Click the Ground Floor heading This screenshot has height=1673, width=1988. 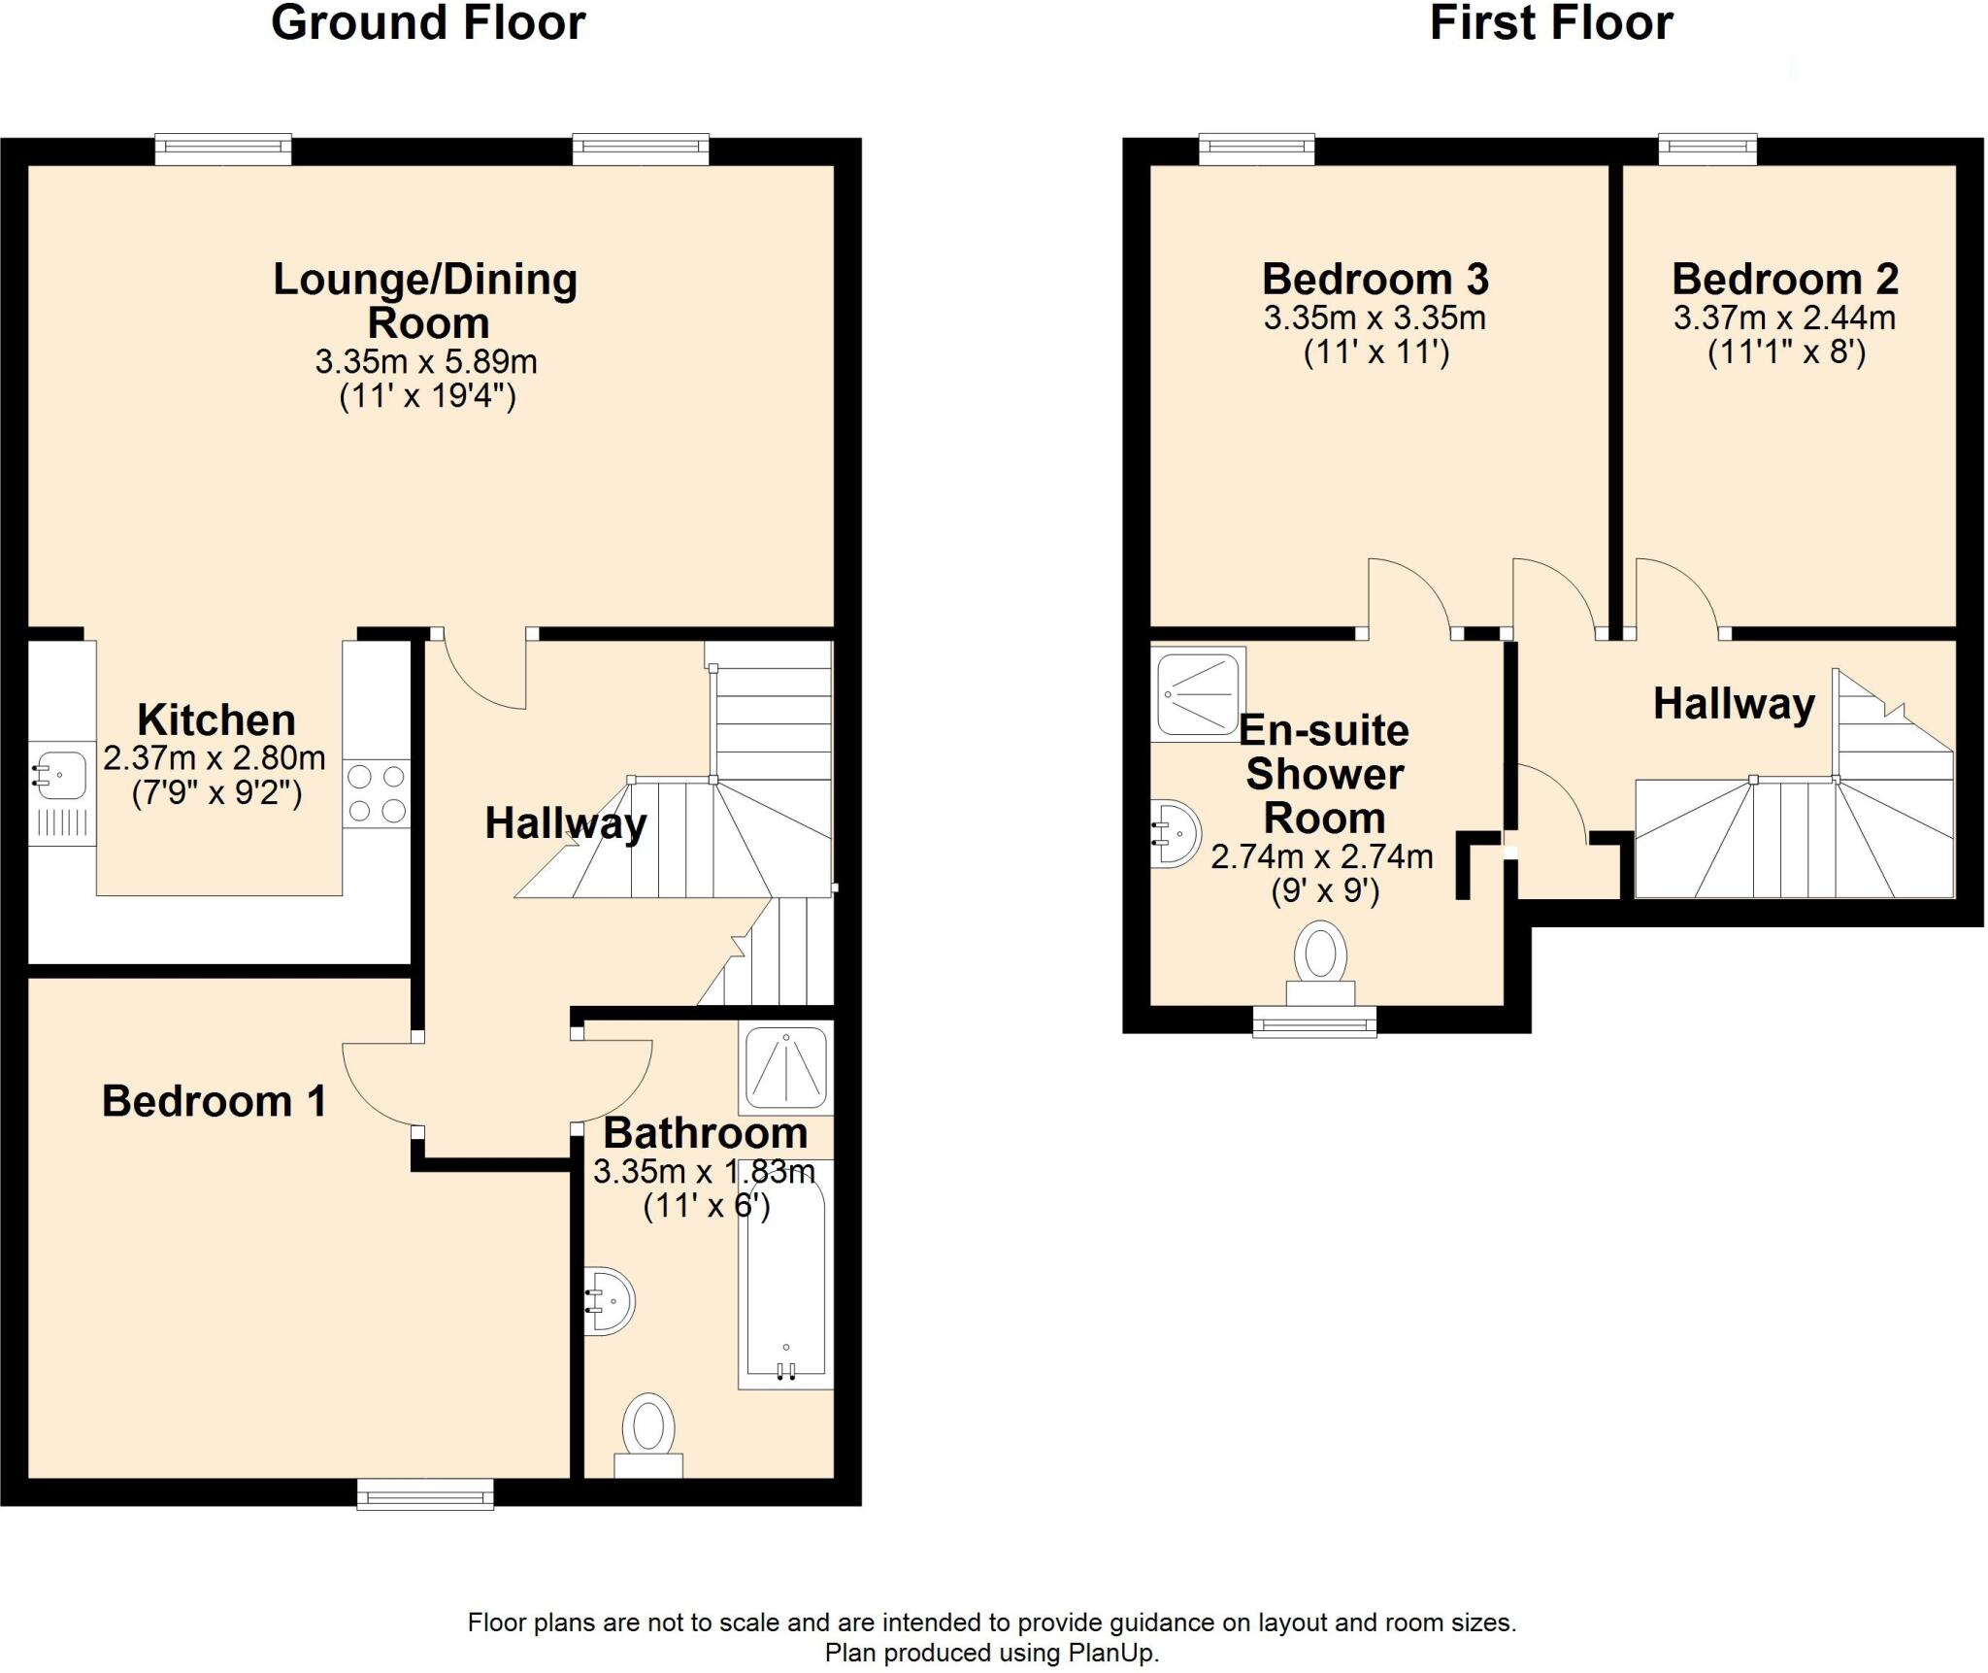click(428, 23)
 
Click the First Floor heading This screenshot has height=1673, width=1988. click(1551, 23)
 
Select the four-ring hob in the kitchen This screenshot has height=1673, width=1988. click(376, 793)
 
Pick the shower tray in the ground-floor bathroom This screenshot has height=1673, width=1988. click(785, 1067)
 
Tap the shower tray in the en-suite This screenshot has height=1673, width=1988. click(1198, 693)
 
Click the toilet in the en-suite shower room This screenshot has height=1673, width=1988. click(1320, 961)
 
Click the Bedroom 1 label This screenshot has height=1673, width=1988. click(214, 1101)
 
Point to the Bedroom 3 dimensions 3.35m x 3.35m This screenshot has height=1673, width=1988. click(1375, 318)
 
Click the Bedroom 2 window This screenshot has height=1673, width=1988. click(1707, 149)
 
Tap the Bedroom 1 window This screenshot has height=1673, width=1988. click(425, 1494)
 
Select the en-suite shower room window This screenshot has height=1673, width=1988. click(1314, 1021)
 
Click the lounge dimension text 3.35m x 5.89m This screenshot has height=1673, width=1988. click(426, 362)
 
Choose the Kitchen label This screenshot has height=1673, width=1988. click(215, 719)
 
